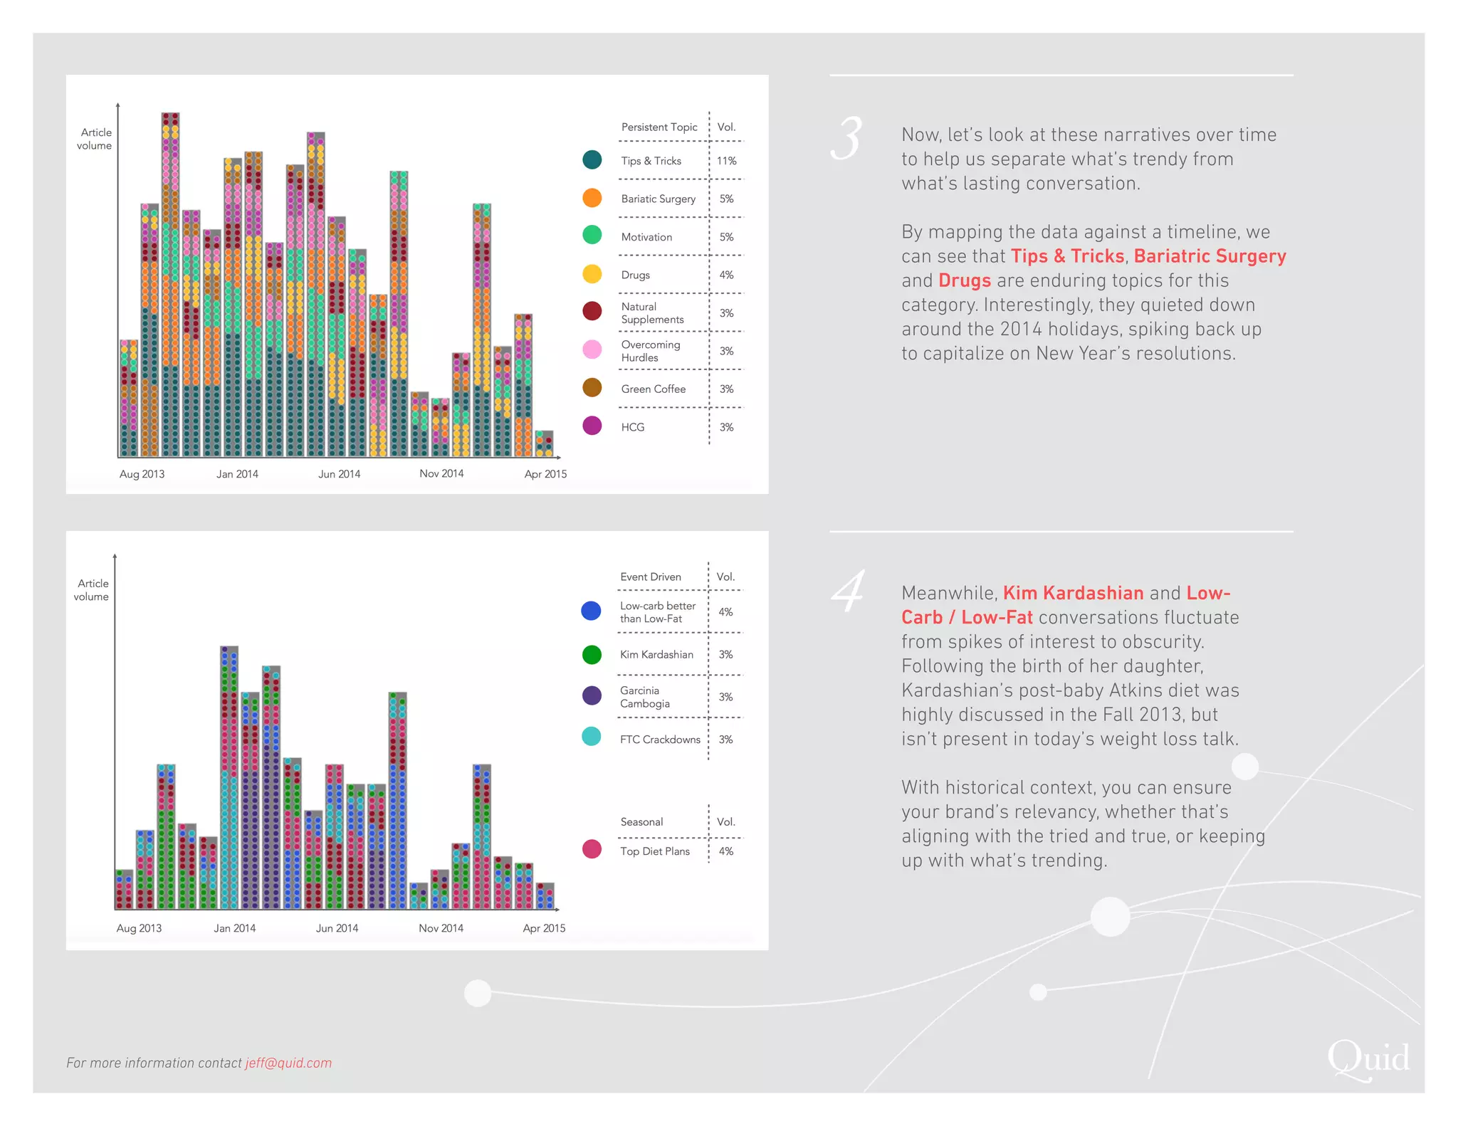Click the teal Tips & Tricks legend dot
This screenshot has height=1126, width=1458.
click(592, 160)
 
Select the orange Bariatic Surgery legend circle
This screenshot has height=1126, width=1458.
click(592, 198)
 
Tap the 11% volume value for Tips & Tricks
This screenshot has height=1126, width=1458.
click(726, 161)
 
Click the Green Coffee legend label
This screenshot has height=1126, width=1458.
click(653, 389)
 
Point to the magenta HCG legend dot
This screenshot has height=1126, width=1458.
click(592, 426)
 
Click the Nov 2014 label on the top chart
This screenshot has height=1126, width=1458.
click(441, 473)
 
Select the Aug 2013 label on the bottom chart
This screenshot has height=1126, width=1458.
click(139, 928)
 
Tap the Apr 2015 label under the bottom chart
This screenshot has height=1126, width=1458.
click(544, 928)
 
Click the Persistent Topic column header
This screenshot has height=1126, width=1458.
click(659, 127)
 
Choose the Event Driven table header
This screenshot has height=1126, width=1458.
click(650, 577)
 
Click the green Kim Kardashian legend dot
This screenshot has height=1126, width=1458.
click(592, 654)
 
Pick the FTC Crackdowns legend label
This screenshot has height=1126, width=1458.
click(659, 740)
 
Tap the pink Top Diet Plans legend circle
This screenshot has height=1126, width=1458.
click(592, 849)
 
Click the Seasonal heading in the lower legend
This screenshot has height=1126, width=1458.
click(641, 821)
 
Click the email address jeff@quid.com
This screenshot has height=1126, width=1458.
click(288, 1063)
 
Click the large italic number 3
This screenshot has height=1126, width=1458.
click(847, 139)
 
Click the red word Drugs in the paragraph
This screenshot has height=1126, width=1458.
click(964, 280)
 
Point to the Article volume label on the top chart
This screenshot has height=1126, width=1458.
click(95, 139)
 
